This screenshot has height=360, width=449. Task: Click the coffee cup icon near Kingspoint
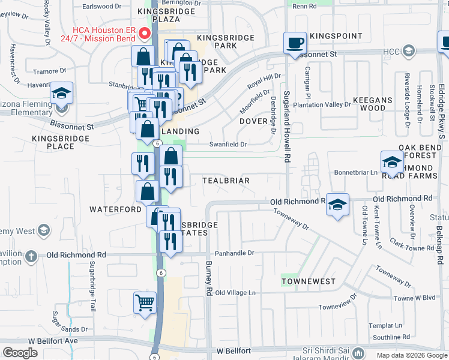pyautogui.click(x=295, y=43)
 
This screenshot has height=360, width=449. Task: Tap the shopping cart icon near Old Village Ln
pyautogui.click(x=145, y=303)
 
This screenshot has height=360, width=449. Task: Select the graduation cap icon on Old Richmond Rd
pyautogui.click(x=338, y=205)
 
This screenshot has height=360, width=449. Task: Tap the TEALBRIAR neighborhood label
pyautogui.click(x=226, y=181)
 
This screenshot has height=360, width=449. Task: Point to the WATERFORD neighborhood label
pyautogui.click(x=115, y=209)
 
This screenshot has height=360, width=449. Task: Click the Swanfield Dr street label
pyautogui.click(x=228, y=144)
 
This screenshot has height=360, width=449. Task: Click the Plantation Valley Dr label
pyautogui.click(x=322, y=104)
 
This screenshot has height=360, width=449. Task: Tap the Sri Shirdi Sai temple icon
pyautogui.click(x=359, y=352)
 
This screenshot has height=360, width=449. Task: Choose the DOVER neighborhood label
pyautogui.click(x=253, y=121)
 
